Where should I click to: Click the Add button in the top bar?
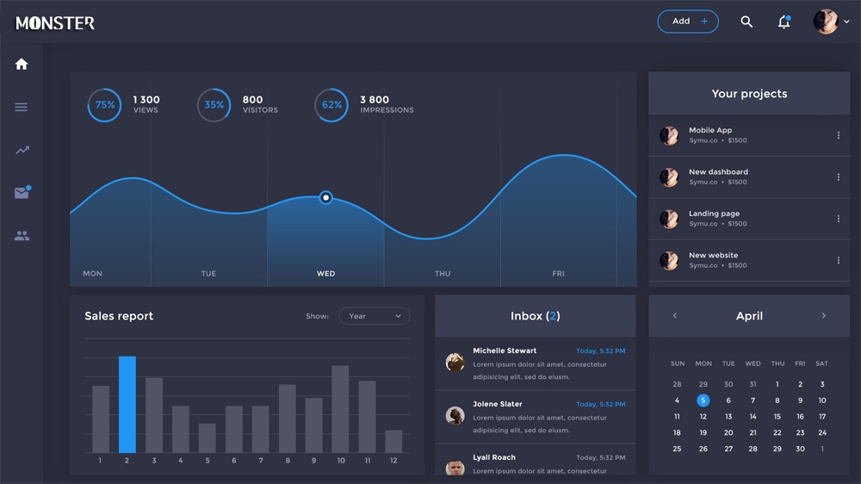687,22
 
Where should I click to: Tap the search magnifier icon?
746,22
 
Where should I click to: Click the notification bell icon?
784,22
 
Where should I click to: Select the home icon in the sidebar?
22,64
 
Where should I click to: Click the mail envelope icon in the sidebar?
22,194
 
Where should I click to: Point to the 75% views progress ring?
104,105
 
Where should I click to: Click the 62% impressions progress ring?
331,105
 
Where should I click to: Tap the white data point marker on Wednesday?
325,197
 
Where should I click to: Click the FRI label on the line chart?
558,274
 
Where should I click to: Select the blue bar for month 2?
127,404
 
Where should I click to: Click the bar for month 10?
340,409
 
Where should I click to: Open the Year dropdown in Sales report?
375,316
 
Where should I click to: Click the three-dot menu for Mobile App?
838,135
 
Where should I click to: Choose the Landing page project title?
714,214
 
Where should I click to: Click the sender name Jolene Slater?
497,404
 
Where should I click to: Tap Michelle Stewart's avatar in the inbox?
455,363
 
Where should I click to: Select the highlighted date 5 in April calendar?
703,400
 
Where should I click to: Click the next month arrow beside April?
823,316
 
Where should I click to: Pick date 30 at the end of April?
800,449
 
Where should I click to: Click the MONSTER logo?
55,23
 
